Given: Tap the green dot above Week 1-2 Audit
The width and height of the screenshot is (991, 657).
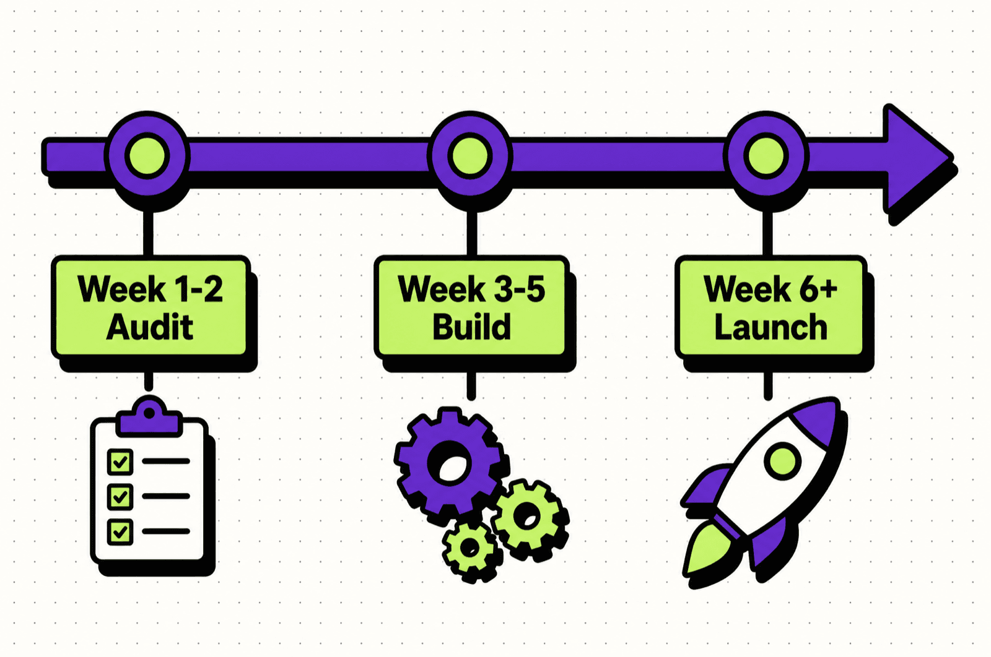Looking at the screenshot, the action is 147,156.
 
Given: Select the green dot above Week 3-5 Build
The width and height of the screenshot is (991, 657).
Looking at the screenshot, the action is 470,156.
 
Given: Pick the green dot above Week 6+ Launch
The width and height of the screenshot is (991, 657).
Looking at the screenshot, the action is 766,156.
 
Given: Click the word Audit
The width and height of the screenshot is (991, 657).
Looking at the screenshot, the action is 150,327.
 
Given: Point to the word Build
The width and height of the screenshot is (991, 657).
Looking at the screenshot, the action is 471,327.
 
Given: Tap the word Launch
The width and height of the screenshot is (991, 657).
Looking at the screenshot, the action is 771,327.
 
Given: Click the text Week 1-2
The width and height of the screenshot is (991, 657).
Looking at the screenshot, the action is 150,289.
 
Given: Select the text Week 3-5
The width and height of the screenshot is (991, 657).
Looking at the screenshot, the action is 471,289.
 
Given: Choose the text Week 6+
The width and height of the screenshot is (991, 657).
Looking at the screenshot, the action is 771,289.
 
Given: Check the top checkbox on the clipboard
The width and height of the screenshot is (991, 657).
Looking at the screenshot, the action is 120,462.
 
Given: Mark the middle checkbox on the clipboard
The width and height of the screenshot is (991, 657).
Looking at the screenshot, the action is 120,497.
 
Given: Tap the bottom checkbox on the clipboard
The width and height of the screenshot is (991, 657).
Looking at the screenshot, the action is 120,531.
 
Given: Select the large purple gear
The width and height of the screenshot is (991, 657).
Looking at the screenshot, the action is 448,462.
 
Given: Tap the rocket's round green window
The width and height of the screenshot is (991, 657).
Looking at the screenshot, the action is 783,461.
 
